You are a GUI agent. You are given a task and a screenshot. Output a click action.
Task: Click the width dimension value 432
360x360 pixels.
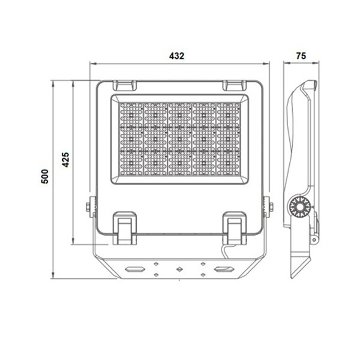(x=176, y=56)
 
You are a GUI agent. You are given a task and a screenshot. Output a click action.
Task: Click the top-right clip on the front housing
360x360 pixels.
(x=233, y=86)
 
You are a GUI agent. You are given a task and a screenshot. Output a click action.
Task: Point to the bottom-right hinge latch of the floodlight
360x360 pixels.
(x=233, y=228)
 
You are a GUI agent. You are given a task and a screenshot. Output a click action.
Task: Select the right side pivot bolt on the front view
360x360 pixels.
(x=268, y=206)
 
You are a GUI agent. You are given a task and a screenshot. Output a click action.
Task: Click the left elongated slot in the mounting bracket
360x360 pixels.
(x=134, y=269)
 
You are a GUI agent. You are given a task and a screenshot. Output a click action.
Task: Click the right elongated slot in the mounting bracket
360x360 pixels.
(x=224, y=269)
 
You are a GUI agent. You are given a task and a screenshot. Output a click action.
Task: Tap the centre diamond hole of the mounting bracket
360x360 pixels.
(x=179, y=269)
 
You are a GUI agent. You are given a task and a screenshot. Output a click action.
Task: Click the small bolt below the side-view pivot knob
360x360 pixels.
(x=313, y=239)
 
